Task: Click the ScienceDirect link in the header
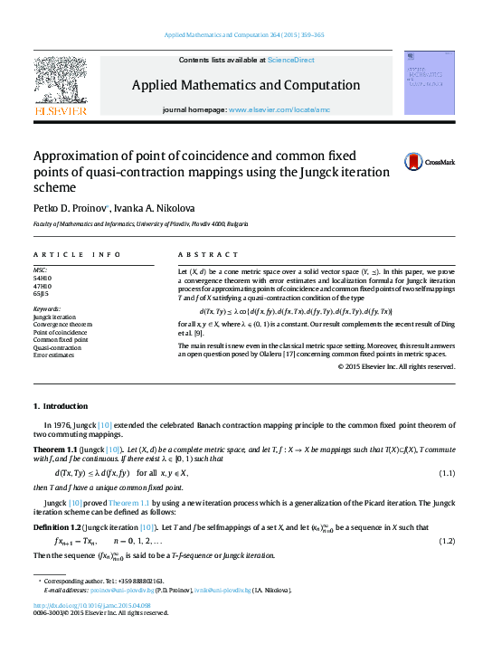(x=290, y=60)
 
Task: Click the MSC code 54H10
(x=41, y=277)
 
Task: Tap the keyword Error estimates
(x=53, y=355)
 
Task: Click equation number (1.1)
(x=446, y=473)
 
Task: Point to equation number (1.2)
(x=446, y=541)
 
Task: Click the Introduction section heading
(x=61, y=406)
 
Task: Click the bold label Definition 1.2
(x=57, y=526)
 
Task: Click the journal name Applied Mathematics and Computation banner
(x=246, y=85)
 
